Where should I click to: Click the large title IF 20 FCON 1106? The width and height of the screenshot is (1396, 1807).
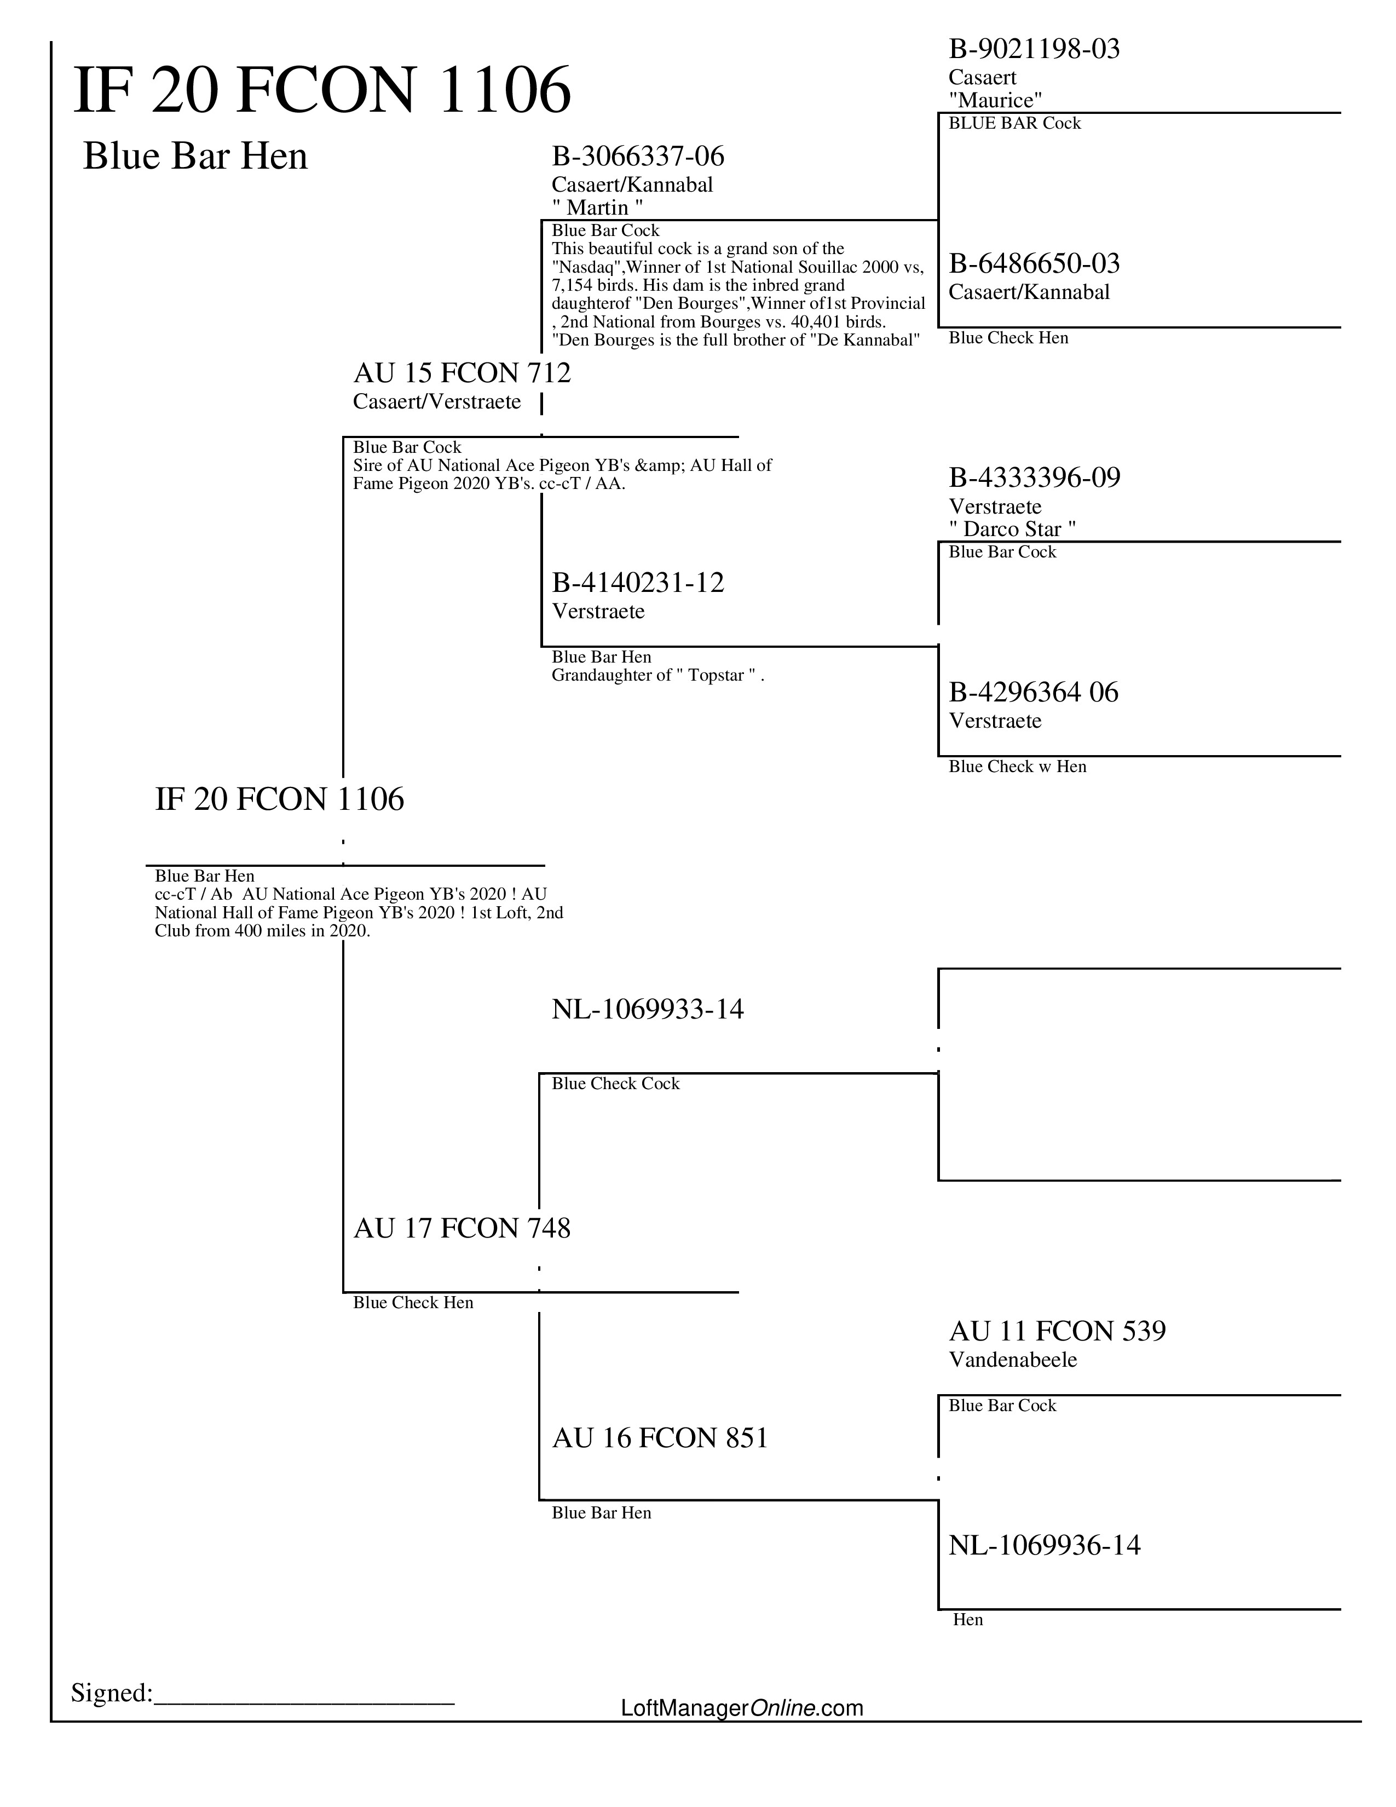pos(322,90)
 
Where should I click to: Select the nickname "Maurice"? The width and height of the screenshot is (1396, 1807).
pos(995,100)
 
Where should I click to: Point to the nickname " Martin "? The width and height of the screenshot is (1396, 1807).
pos(597,207)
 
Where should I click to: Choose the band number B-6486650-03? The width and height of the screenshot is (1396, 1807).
pos(1034,264)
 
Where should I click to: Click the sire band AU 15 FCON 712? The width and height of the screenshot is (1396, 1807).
pos(462,373)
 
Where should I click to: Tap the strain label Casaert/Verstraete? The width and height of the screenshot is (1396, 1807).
pos(437,401)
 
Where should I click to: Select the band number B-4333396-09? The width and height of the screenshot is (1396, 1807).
pos(1034,477)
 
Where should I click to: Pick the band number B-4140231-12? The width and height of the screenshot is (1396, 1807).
pos(638,583)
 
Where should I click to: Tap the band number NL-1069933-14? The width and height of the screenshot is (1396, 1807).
pos(648,1009)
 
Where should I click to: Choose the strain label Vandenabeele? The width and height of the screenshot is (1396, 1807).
pos(1012,1360)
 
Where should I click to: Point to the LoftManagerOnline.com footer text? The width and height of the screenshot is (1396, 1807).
pos(742,1708)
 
